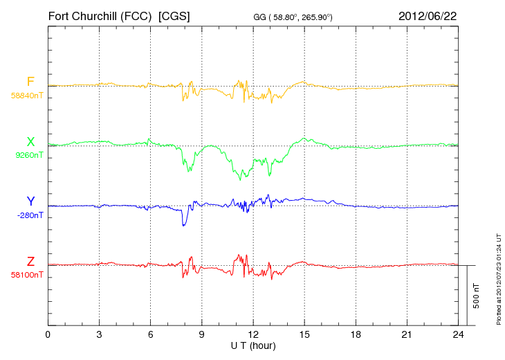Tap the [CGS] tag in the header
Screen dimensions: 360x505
(x=174, y=15)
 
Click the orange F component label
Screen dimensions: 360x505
(x=30, y=82)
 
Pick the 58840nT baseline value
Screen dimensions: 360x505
(x=26, y=96)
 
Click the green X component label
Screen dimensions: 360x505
(x=30, y=142)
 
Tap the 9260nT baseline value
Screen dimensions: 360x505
(x=28, y=155)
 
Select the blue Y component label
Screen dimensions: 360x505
(x=30, y=201)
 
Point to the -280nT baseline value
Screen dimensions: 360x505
(x=28, y=215)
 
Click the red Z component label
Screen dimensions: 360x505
(x=30, y=262)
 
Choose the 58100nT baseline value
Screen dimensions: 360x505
(x=26, y=275)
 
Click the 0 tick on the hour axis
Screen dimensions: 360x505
(x=48, y=334)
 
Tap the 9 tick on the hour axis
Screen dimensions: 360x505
(x=201, y=334)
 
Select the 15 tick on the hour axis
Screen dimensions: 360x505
(x=304, y=334)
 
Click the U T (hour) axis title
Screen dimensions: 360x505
(x=252, y=345)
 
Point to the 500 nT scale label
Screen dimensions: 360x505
(x=477, y=296)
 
